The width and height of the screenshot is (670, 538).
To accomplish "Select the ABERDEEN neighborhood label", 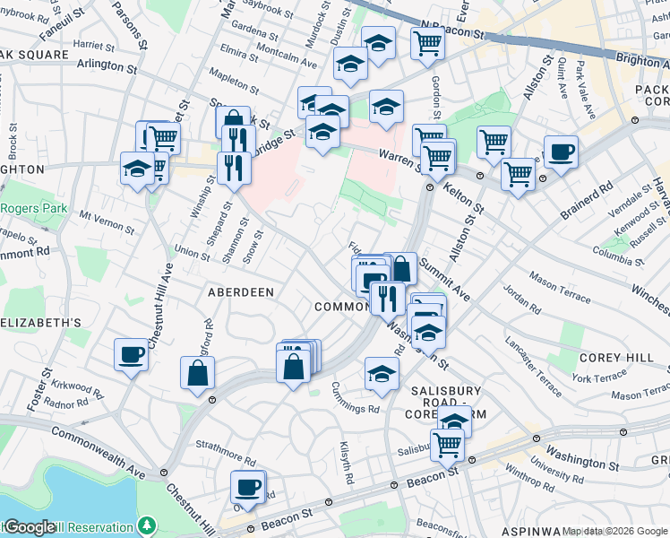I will (x=240, y=292).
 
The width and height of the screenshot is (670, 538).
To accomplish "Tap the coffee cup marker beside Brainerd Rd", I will (x=561, y=152).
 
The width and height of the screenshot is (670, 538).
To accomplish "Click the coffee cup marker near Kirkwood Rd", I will (x=131, y=354).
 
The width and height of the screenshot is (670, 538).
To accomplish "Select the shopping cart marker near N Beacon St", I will (x=428, y=43).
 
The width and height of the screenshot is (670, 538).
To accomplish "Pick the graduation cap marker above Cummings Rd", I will (x=382, y=374).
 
